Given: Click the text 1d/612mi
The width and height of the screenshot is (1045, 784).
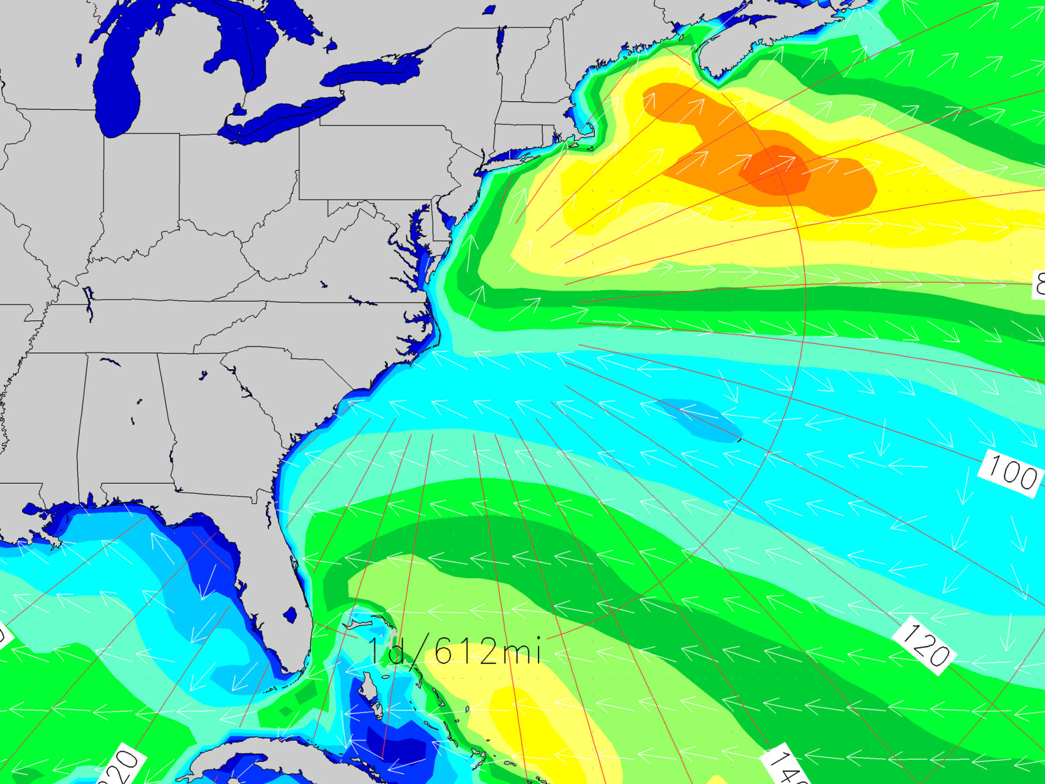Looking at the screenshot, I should click(x=454, y=650).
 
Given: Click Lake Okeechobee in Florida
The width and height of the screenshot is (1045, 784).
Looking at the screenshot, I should click(x=290, y=614).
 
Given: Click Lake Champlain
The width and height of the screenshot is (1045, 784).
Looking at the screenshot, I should click(x=500, y=44).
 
